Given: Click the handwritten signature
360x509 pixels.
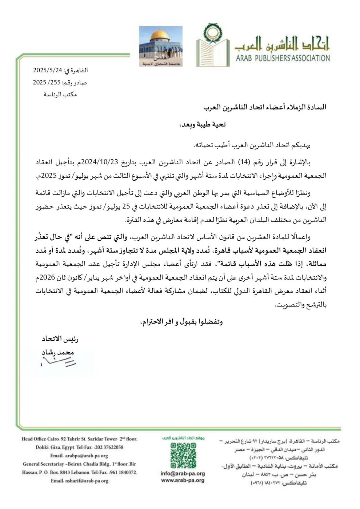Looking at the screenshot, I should pyautogui.click(x=58, y=361).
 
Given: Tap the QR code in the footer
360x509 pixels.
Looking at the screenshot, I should pyautogui.click(x=183, y=456).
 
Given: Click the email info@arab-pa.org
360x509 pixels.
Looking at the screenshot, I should pyautogui.click(x=183, y=474).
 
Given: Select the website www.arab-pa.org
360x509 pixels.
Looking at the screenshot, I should pyautogui.click(x=183, y=480).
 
